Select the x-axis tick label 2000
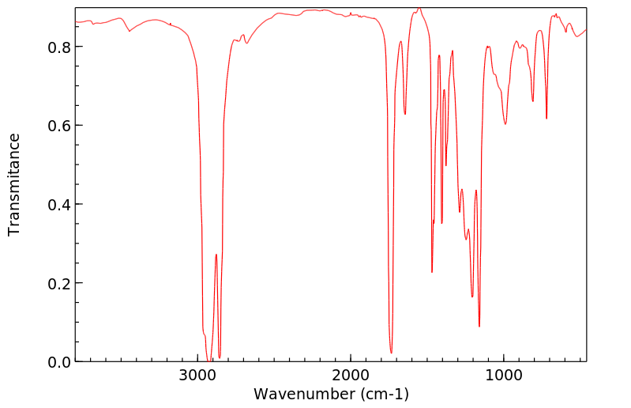click(x=351, y=375)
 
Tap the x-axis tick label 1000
click(x=504, y=375)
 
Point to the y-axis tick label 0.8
click(x=59, y=47)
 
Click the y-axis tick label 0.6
click(x=59, y=126)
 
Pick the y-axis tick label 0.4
click(x=59, y=204)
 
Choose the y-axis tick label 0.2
click(x=59, y=283)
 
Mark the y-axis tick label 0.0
click(x=59, y=361)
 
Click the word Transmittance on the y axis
click(x=14, y=184)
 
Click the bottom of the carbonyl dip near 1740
click(x=391, y=353)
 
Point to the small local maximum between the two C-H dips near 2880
click(x=216, y=255)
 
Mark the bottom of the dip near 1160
click(x=479, y=326)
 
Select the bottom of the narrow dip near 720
click(x=546, y=119)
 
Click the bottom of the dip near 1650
click(x=405, y=114)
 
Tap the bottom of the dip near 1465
click(x=432, y=272)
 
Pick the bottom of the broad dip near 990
click(x=505, y=124)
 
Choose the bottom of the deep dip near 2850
click(x=220, y=357)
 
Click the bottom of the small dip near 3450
click(x=130, y=32)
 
